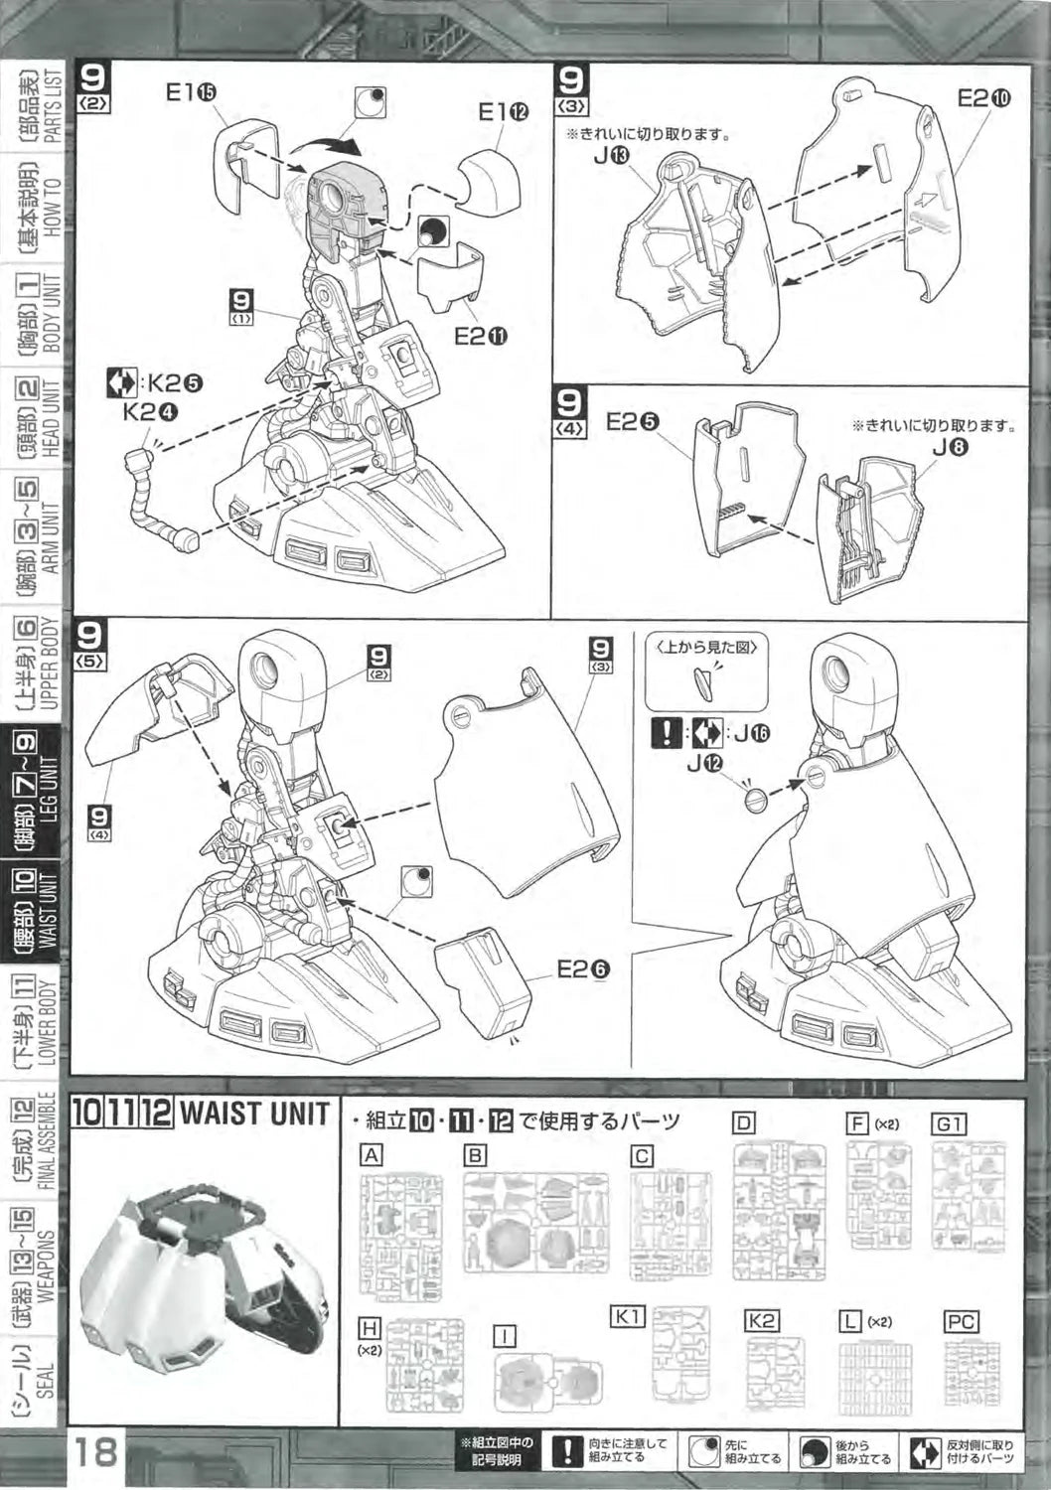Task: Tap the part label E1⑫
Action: (x=504, y=112)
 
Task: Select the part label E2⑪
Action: (x=481, y=336)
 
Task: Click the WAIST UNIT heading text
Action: (x=253, y=1114)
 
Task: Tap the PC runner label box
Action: (x=961, y=1321)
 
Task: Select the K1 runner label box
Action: (x=627, y=1316)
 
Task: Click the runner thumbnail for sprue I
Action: (x=550, y=1381)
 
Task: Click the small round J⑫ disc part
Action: (x=756, y=797)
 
